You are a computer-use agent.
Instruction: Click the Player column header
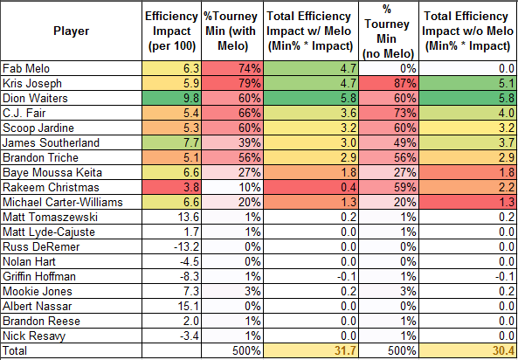point(71,31)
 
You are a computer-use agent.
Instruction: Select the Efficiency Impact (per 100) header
point(171,31)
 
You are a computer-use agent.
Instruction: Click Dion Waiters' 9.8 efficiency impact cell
point(171,98)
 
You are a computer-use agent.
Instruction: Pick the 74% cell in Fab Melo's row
point(232,68)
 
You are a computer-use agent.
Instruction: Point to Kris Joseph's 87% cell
point(389,83)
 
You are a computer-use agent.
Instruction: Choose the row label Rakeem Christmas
point(51,188)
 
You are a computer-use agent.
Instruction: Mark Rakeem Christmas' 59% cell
point(389,188)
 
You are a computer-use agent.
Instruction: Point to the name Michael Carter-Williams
point(63,202)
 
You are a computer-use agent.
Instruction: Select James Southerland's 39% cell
point(232,142)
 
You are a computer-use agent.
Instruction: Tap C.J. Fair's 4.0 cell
point(468,113)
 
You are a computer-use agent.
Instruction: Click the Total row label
point(15,350)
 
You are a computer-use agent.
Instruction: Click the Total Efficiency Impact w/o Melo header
point(467,31)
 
